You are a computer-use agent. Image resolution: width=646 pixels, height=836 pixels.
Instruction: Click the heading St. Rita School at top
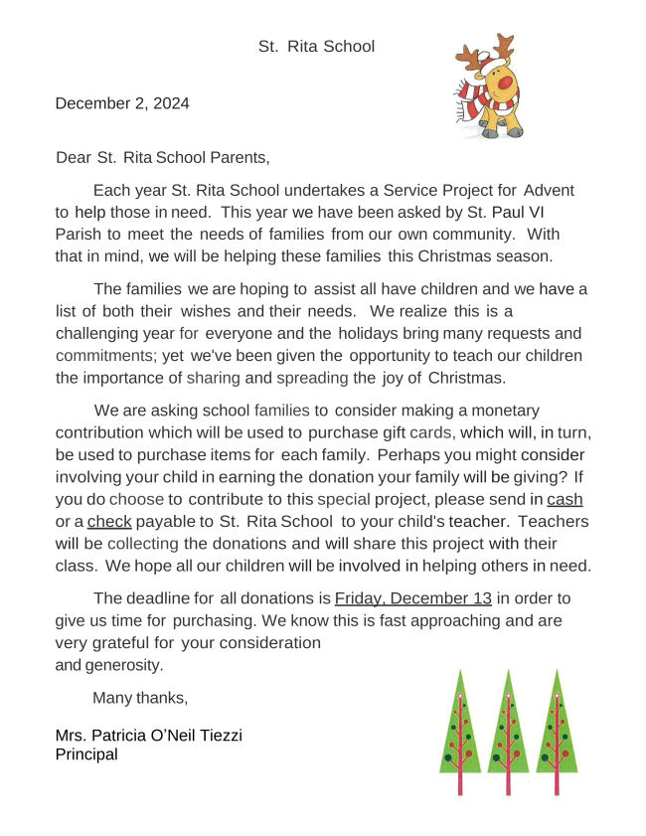(x=316, y=46)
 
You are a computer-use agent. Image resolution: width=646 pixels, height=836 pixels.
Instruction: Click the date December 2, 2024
(x=122, y=102)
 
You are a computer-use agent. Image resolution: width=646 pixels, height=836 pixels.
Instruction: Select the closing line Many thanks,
(x=140, y=697)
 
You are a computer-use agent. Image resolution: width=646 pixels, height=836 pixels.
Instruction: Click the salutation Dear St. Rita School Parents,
(x=164, y=156)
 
